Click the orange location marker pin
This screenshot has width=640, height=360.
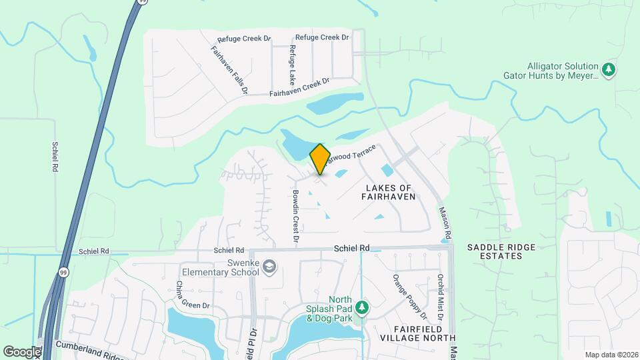[320, 159]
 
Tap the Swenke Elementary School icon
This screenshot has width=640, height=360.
[269, 267]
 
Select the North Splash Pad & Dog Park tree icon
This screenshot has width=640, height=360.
[361, 307]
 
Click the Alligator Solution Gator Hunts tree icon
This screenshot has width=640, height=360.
[608, 69]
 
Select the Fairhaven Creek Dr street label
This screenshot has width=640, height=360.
[299, 89]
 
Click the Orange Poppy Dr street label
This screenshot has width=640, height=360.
[409, 295]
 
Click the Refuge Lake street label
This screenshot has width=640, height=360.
[292, 63]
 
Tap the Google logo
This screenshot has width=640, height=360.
[21, 351]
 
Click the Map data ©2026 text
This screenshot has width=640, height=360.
[610, 355]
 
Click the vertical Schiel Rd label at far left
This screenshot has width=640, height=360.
[55, 157]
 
